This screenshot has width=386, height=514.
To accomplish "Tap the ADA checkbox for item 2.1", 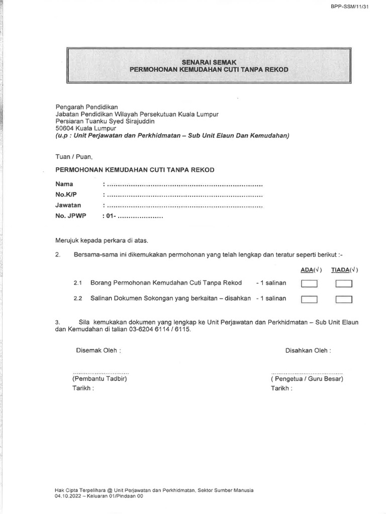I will click(x=310, y=284).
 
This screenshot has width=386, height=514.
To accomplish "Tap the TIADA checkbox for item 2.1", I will click(x=344, y=284).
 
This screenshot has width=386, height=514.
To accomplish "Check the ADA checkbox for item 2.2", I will click(x=310, y=300).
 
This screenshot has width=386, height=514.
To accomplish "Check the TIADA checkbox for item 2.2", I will click(x=344, y=300).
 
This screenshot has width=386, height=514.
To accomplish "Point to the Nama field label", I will click(x=64, y=184).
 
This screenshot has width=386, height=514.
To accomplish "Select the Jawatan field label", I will click(x=68, y=205).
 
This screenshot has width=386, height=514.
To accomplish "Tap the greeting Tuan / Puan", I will click(x=74, y=157).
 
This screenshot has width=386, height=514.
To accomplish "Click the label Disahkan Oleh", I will click(x=308, y=350).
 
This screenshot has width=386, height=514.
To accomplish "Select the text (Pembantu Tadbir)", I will click(x=99, y=379).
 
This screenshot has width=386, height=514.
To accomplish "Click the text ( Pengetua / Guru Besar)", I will click(x=307, y=379).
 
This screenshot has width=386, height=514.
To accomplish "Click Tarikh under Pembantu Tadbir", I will click(x=83, y=389).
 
